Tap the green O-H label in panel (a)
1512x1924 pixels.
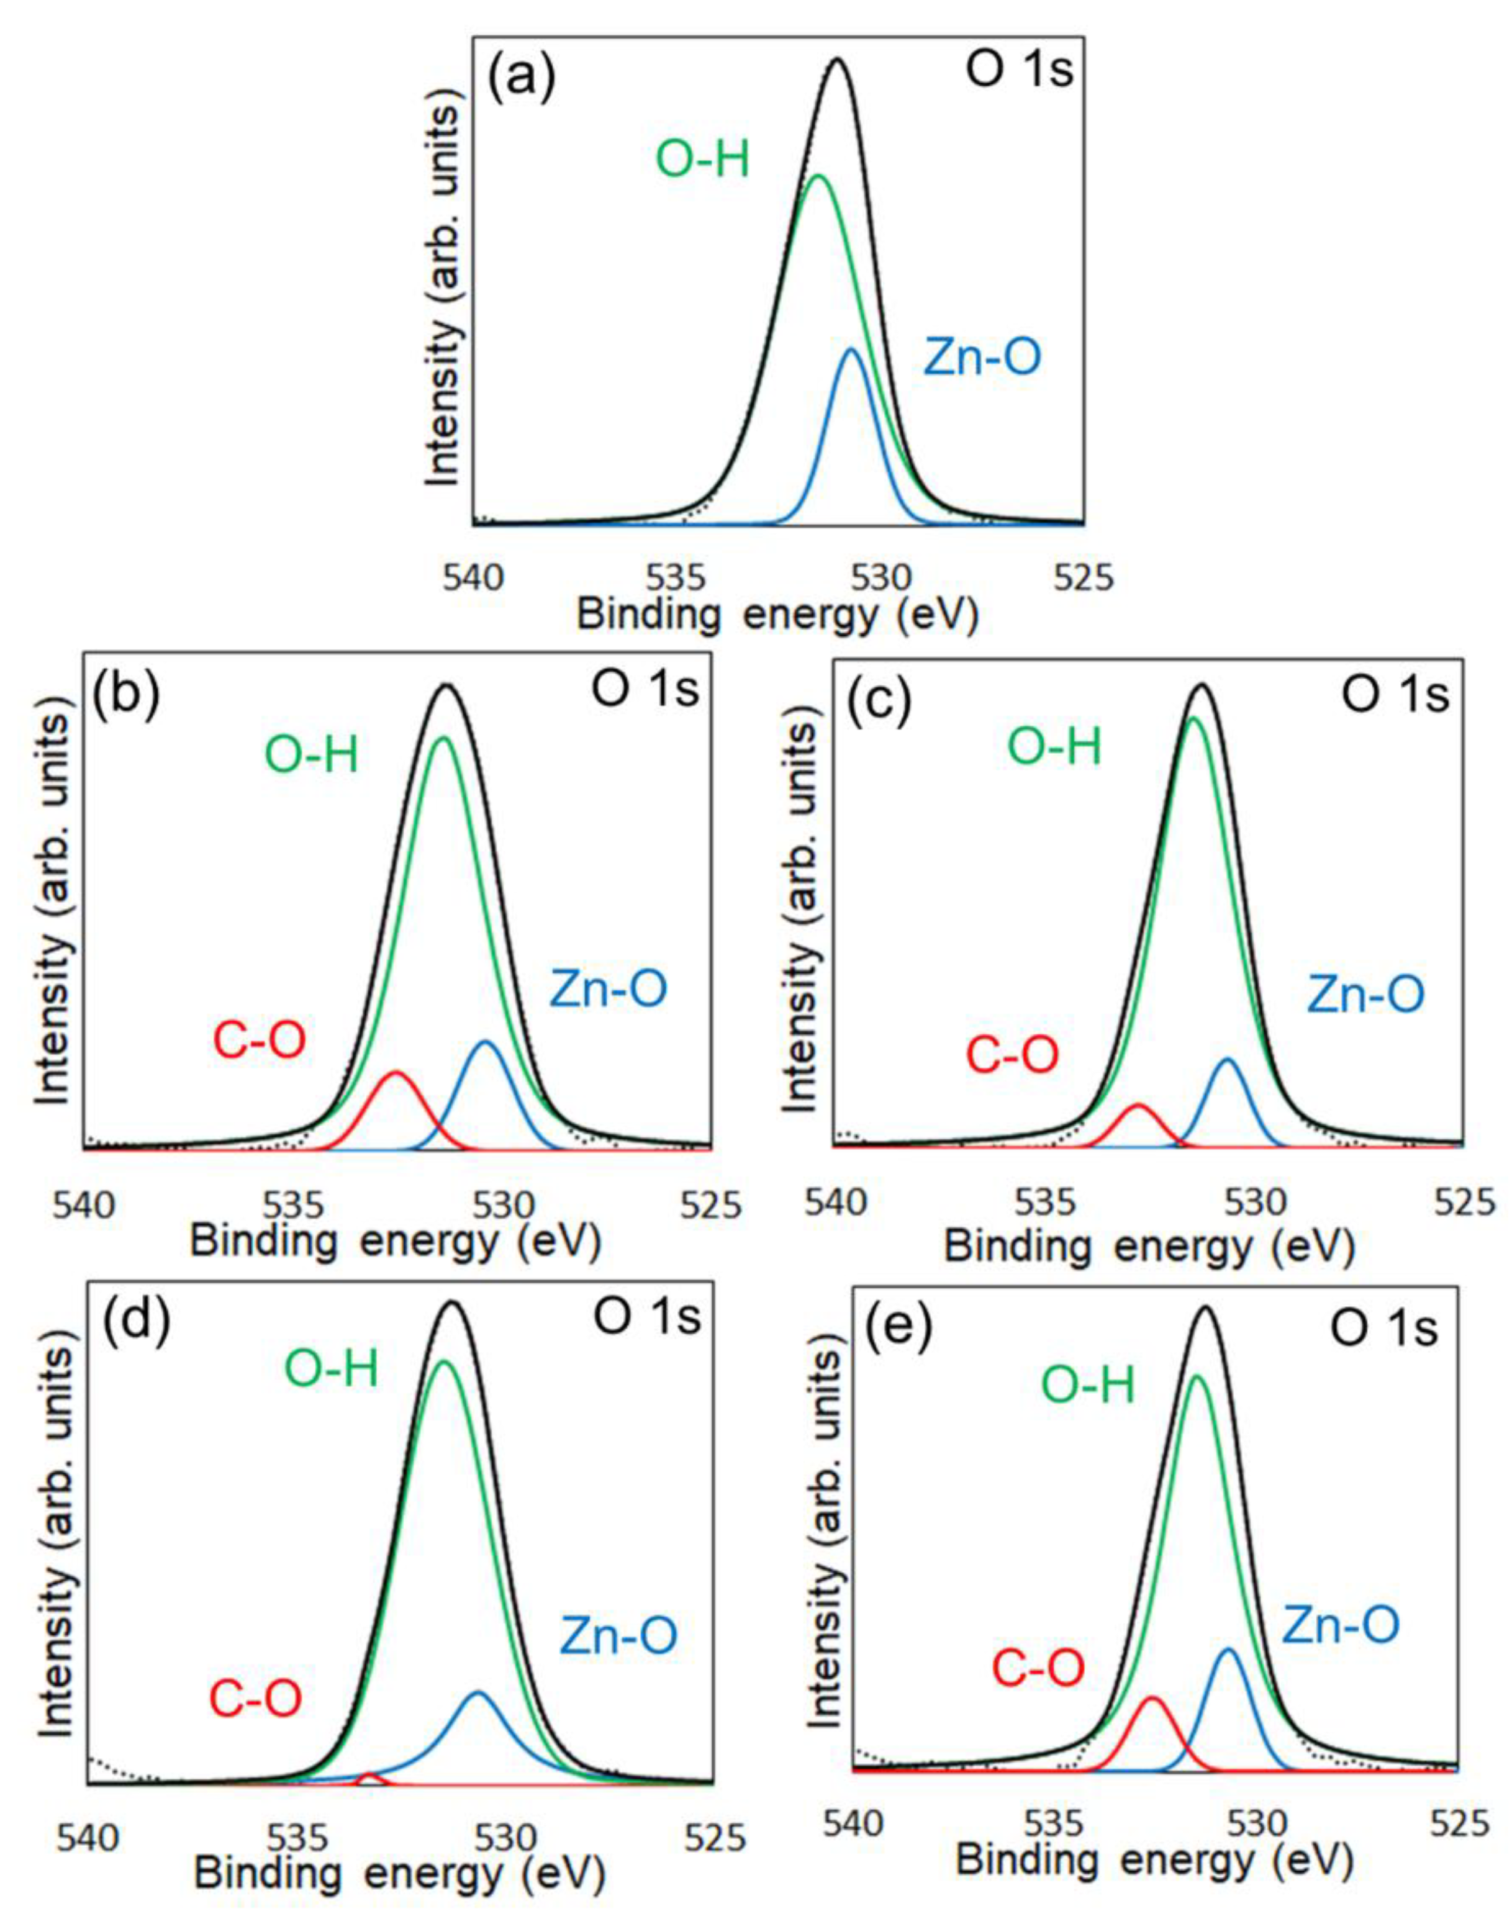point(702,161)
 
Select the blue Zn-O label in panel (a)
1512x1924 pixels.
point(982,358)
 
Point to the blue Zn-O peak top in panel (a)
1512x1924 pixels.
point(851,350)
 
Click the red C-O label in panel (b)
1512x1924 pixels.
point(260,1040)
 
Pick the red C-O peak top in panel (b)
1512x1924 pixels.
point(396,1073)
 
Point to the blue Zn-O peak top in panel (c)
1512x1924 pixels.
point(1227,1059)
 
